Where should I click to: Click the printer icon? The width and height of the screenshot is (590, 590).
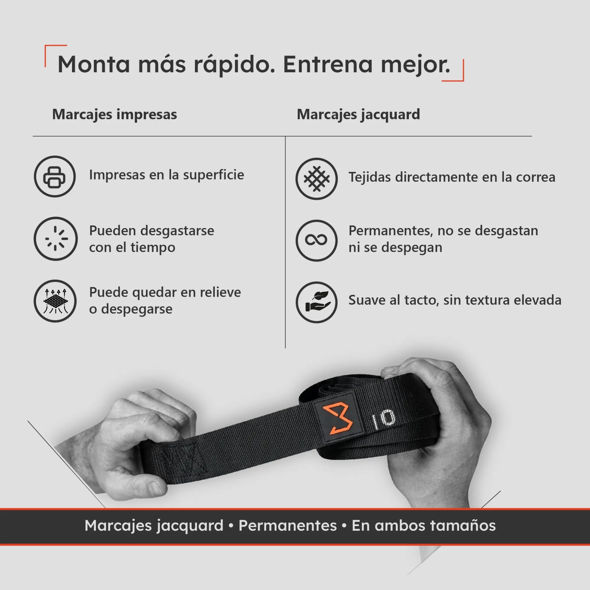[x=55, y=176]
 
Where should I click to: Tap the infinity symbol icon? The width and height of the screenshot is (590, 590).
[x=316, y=240]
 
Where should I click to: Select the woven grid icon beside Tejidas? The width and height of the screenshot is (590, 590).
[x=316, y=179]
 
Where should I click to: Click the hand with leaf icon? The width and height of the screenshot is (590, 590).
[x=316, y=302]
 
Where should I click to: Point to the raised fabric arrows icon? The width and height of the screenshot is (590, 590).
[x=55, y=301]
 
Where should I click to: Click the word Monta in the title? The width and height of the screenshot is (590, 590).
[x=94, y=64]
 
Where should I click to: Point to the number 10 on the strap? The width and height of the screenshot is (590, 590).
[x=383, y=419]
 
